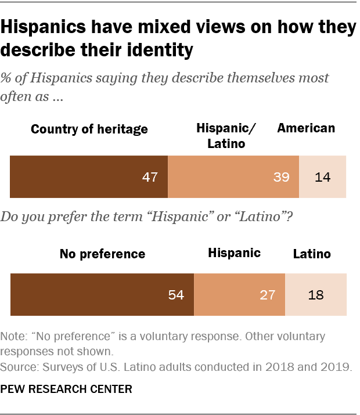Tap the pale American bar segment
point(322,177)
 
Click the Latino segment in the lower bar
point(315,294)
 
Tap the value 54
point(176,295)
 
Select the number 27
point(267,295)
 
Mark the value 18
point(315,295)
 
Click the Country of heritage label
point(89,129)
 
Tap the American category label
point(306,128)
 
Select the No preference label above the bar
point(102,254)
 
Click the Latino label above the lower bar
point(312,254)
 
